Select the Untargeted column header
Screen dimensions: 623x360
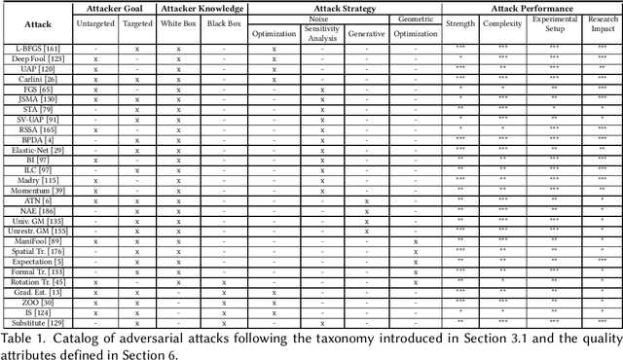coord(96,22)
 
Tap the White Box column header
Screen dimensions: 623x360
coord(178,22)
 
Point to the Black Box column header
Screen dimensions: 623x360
coord(223,22)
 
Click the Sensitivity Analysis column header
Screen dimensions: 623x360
coord(320,31)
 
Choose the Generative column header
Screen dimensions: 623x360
coord(367,32)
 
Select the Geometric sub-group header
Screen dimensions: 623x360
coord(417,18)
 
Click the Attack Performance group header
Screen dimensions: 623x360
coord(531,8)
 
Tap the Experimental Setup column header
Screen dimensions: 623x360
coord(554,27)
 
